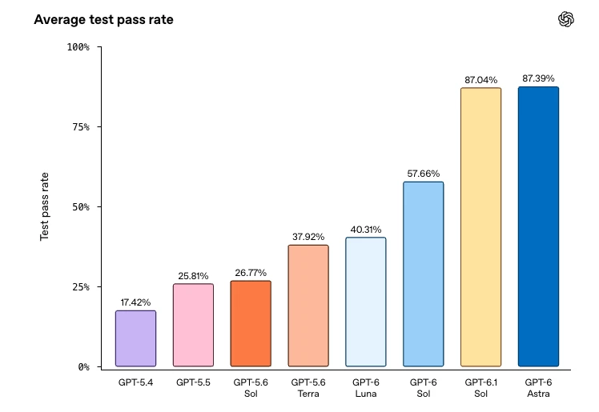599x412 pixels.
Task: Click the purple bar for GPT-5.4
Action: click(135, 338)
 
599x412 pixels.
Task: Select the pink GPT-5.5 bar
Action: click(193, 325)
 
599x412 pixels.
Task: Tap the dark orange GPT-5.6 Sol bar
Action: click(251, 323)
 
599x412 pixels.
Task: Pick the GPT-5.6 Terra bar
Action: click(308, 306)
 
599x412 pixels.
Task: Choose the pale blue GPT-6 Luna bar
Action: click(366, 302)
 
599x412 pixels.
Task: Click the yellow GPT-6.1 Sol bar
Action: click(481, 227)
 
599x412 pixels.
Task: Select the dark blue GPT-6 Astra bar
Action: click(539, 226)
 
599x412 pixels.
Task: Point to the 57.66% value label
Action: click(424, 174)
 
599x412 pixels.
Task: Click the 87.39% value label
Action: click(539, 78)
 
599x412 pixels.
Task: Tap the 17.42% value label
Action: click(135, 302)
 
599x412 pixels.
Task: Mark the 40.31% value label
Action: click(366, 230)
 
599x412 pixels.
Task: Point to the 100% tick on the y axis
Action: click(78, 47)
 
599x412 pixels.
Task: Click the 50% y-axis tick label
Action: click(81, 206)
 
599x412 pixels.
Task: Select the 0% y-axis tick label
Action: click(84, 367)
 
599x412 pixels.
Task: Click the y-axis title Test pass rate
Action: click(44, 206)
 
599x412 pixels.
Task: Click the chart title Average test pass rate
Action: click(103, 19)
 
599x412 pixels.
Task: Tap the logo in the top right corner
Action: click(565, 19)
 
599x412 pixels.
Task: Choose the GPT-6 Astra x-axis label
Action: click(539, 388)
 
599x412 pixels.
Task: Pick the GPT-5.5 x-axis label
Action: click(193, 382)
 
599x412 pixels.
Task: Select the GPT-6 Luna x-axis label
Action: click(366, 388)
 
